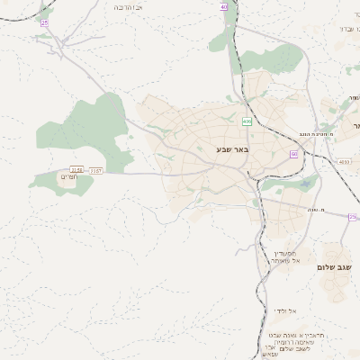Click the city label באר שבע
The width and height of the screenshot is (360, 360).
pos(231,148)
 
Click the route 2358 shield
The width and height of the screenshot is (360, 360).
pos(76,169)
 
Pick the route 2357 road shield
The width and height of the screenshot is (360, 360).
pos(96,169)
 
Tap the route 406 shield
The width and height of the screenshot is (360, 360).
pos(247,120)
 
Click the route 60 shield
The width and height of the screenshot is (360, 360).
pos(293,154)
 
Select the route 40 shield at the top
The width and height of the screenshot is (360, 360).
pos(223,6)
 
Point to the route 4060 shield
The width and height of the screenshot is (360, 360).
pos(345,162)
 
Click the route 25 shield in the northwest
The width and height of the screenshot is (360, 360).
pos(44,22)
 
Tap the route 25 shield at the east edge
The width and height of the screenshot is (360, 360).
pos(353,217)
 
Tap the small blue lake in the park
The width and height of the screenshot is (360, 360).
pos(306,183)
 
